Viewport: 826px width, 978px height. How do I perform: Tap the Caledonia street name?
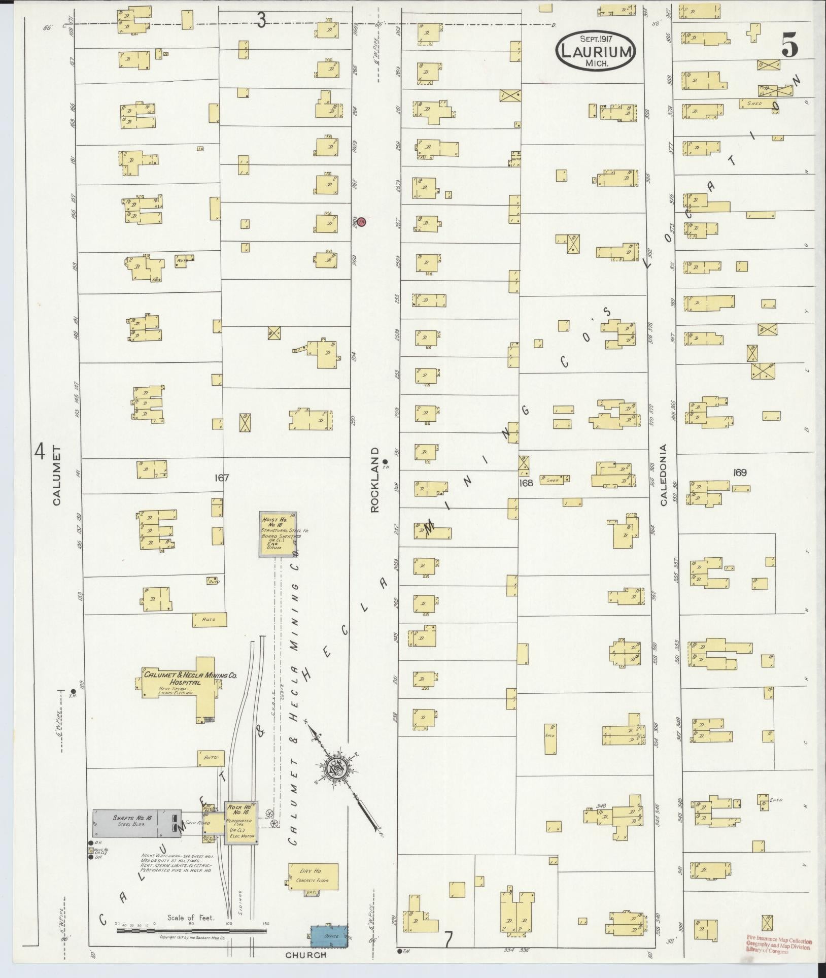tap(663, 475)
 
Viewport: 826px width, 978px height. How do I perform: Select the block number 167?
tap(222, 478)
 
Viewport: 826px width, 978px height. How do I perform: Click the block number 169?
tap(740, 473)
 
